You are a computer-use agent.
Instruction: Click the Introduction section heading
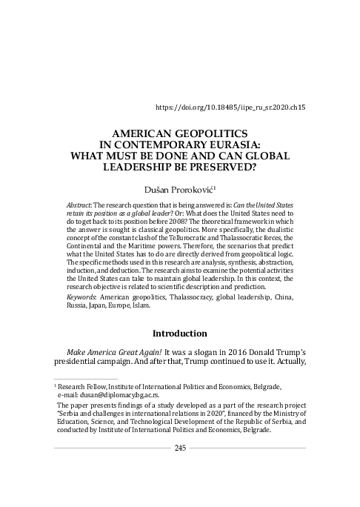point(180,334)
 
